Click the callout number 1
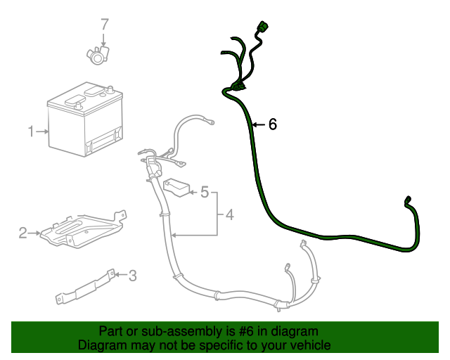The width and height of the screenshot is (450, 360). (31, 131)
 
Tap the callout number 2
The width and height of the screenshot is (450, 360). (22, 232)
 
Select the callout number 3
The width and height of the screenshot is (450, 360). (132, 276)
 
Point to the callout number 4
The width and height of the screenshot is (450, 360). (229, 214)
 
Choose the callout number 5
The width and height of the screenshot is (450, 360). (205, 191)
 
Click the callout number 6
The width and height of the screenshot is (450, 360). (273, 124)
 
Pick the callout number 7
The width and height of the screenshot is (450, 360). (104, 25)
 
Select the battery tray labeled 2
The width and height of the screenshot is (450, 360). (81, 229)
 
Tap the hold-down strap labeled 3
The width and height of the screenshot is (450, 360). (84, 287)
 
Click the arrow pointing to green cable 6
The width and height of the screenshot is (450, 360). (259, 125)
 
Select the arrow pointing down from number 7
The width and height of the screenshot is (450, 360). (104, 39)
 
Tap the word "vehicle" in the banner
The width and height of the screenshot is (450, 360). (311, 345)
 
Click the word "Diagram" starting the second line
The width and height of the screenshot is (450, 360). (101, 345)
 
